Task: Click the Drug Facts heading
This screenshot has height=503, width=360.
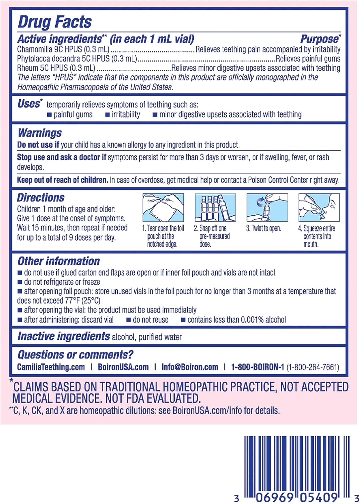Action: point(55,22)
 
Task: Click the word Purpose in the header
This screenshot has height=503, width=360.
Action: point(319,39)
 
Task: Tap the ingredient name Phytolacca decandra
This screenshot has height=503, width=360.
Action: point(49,59)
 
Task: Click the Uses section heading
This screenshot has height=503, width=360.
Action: point(29,104)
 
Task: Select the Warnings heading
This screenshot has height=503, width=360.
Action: point(40,133)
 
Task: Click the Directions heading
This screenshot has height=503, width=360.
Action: point(41,198)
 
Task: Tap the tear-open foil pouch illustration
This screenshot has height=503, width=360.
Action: point(163,208)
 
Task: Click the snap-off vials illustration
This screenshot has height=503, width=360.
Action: point(215,208)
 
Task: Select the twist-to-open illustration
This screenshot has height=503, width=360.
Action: point(267,208)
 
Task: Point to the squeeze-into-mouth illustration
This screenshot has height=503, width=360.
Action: point(319,208)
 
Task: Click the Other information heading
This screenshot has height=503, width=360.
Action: point(59,261)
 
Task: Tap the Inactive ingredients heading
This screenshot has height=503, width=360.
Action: point(64,336)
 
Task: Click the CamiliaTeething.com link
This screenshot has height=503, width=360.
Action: point(51,367)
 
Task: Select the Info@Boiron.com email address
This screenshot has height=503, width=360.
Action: point(190,367)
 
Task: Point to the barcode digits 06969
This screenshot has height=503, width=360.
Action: point(275,497)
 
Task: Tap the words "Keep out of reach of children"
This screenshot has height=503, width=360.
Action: point(63,180)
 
